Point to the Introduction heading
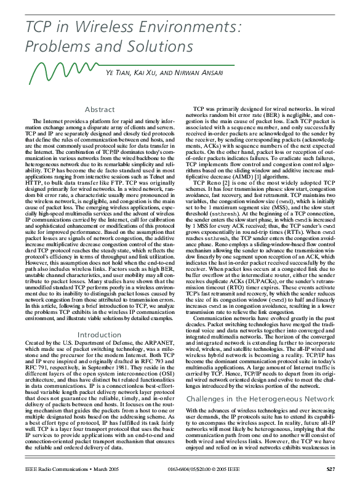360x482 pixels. click(100, 335)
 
